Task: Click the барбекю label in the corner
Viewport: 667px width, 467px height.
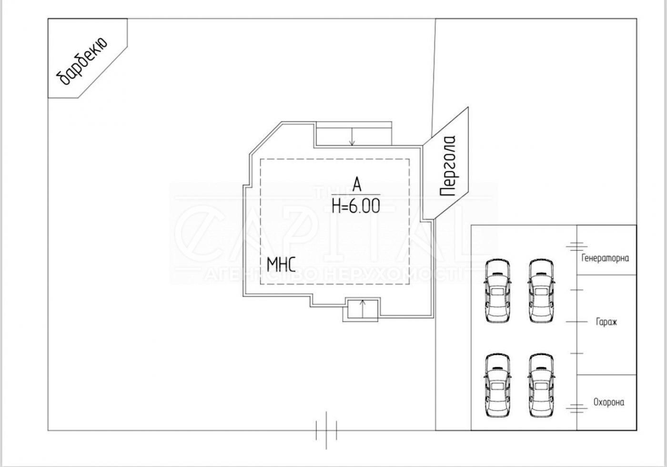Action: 82,61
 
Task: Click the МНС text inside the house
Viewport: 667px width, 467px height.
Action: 281,264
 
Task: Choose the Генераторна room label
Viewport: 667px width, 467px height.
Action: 605,258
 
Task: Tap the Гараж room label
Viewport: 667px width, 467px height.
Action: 606,322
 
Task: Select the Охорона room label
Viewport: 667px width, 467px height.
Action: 608,402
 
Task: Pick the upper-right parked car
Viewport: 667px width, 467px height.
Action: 541,291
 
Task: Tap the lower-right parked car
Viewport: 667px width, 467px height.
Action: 541,386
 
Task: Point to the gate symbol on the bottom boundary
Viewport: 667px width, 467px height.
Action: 326,430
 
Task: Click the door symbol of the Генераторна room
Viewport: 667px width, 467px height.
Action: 576,246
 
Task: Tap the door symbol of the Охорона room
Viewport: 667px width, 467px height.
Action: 576,408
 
